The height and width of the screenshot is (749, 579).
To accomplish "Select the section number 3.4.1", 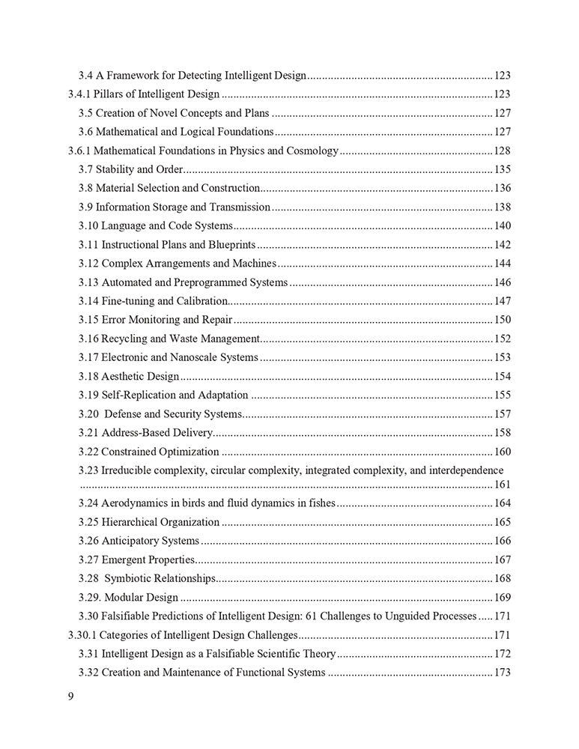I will tap(80, 94).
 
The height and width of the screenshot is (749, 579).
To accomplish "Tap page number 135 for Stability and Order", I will tap(502, 169).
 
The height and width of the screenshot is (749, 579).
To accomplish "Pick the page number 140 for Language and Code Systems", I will tap(502, 226).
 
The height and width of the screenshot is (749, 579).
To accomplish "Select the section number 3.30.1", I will tap(83, 635).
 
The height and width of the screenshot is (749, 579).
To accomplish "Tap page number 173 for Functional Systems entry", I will tap(502, 673).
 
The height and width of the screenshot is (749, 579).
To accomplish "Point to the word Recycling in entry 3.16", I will tap(124, 339).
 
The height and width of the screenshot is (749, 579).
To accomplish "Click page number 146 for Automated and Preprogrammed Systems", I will tap(502, 282).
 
